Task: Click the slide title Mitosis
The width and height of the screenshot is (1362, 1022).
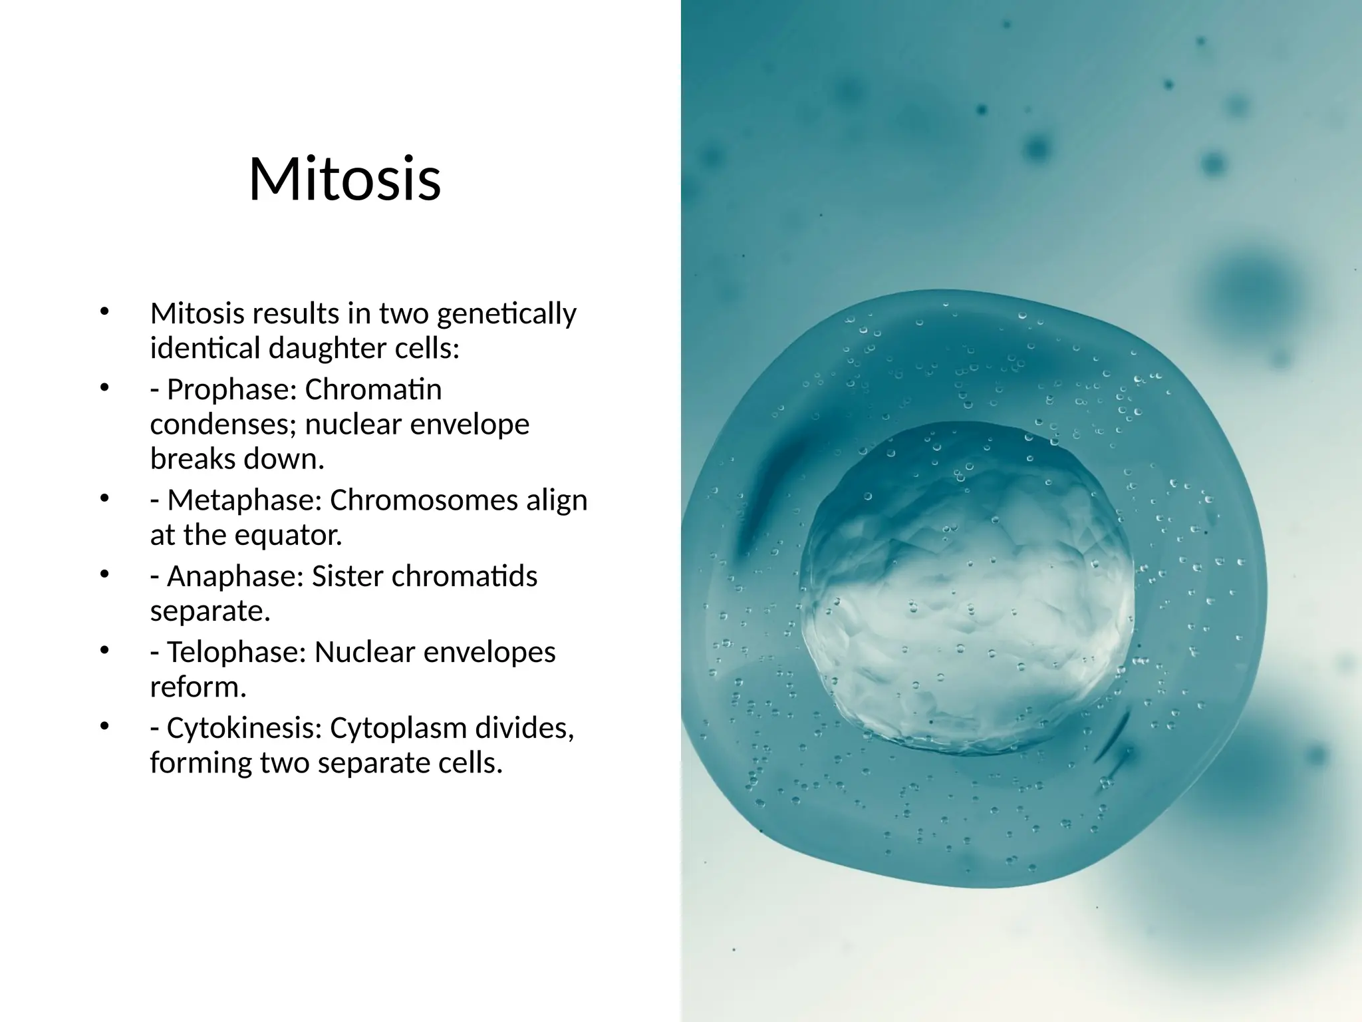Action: click(x=344, y=180)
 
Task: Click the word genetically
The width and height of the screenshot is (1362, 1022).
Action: click(x=506, y=314)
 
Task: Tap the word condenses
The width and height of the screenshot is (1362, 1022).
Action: click(x=223, y=425)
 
